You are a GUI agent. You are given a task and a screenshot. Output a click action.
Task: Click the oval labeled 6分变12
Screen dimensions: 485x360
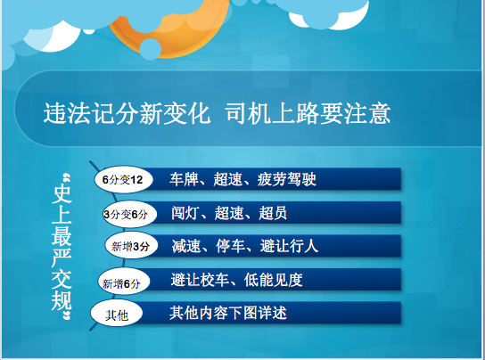[123, 179]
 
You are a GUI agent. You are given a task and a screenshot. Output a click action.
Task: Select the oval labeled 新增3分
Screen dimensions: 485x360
[131, 246]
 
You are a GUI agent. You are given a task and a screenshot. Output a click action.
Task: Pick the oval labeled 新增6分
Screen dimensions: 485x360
[124, 282]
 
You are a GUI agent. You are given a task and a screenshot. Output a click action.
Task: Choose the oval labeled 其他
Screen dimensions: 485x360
[117, 314]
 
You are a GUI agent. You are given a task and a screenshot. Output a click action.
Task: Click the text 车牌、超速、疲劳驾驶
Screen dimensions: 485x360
[242, 179]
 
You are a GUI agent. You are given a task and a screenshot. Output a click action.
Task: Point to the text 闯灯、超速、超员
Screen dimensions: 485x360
[229, 213]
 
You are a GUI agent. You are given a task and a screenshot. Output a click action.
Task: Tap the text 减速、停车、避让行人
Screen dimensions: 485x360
[245, 246]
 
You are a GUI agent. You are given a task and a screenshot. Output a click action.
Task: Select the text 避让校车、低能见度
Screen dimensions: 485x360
[236, 280]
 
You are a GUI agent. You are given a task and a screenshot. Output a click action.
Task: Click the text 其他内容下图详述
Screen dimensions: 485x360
[228, 313]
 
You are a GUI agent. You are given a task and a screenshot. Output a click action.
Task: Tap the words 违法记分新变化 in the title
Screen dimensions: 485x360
[127, 114]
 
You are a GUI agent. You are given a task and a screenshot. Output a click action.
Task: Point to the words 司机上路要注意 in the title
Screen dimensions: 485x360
[308, 114]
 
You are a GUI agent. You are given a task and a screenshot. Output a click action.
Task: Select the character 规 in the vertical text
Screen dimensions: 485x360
[62, 300]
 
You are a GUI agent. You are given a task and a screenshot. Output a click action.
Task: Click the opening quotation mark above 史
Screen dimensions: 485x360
[67, 178]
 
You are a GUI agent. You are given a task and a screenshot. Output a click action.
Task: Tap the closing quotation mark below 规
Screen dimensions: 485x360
[67, 316]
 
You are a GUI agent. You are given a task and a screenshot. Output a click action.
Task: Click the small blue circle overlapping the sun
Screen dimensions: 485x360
[151, 49]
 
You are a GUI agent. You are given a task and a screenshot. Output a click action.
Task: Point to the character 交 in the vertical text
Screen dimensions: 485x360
[62, 280]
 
